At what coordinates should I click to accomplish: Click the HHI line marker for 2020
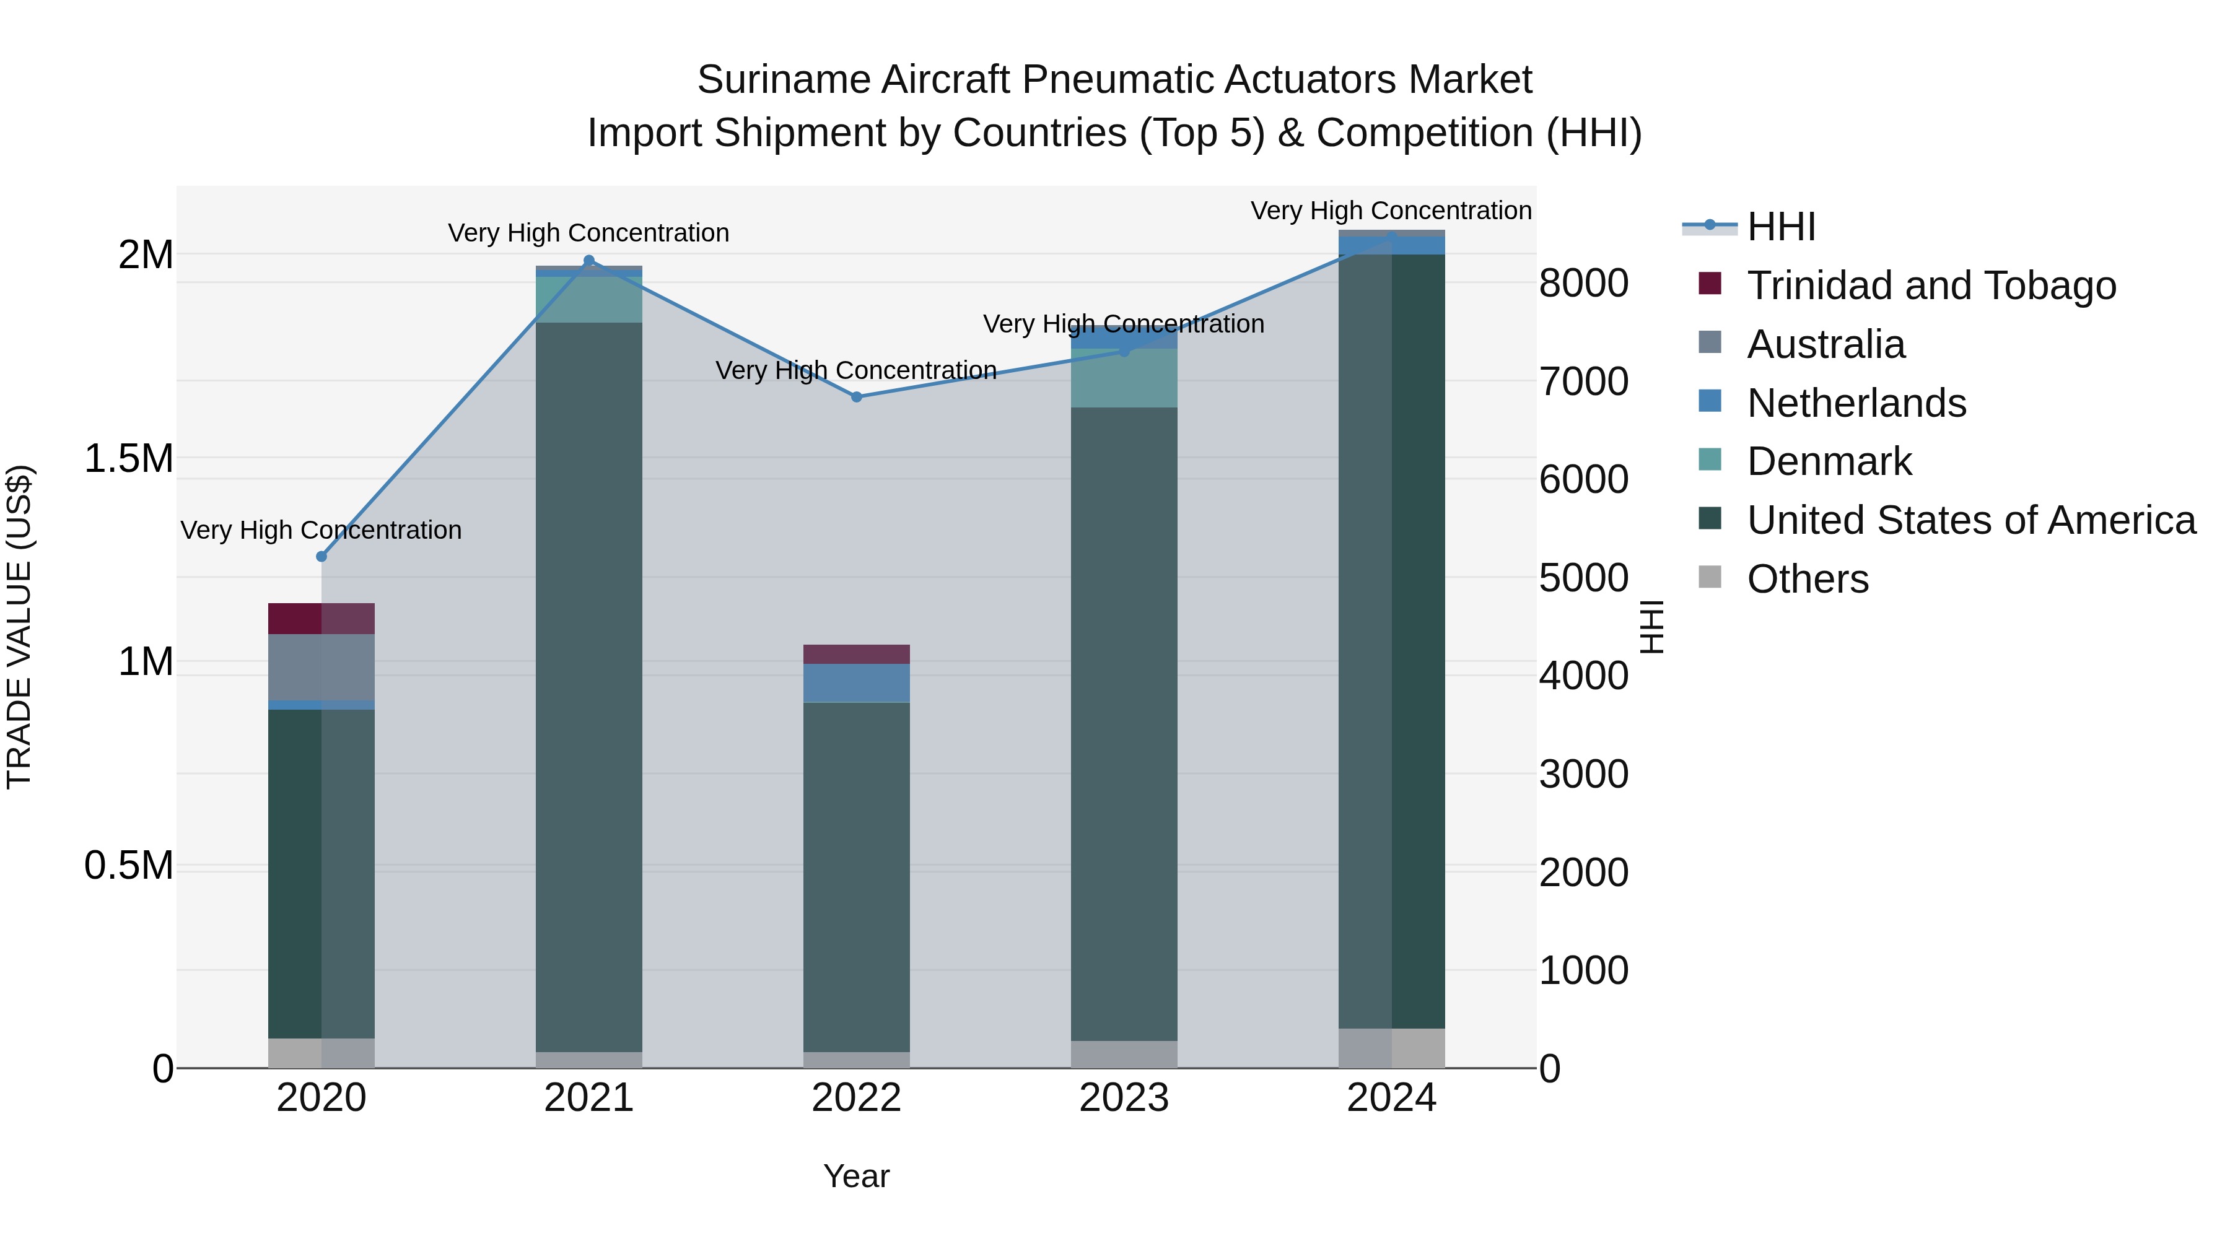(321, 557)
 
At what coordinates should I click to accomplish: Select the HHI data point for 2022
(856, 397)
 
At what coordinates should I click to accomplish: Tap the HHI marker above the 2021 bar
(588, 261)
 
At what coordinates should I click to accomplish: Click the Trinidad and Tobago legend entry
(1930, 285)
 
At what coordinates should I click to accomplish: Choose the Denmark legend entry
(1829, 461)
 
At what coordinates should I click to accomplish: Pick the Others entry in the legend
(1807, 579)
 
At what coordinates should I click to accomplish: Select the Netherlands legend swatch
(1710, 401)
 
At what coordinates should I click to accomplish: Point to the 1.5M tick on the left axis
(129, 459)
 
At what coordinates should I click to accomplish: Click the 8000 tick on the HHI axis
(1583, 283)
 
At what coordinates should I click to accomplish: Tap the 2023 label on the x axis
(1124, 1098)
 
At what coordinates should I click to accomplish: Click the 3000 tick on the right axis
(1583, 773)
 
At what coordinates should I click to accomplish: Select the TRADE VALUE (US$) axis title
(19, 627)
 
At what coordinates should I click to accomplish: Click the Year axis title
(856, 1176)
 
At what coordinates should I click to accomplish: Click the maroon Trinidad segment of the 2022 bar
(856, 655)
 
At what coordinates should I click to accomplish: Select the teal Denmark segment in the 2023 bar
(1124, 378)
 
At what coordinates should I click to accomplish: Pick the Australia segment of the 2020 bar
(321, 666)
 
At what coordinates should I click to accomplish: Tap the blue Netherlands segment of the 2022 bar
(856, 683)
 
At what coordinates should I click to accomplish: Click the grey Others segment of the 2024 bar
(1391, 1048)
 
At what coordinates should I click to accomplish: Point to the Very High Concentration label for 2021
(588, 233)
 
